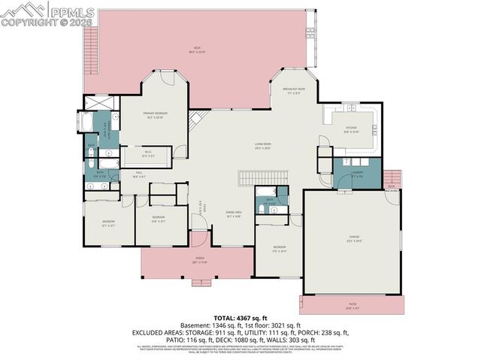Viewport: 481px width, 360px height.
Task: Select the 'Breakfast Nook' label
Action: tap(294, 89)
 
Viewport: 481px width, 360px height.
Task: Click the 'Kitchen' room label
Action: tap(351, 129)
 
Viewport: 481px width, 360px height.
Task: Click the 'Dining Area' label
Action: tap(234, 213)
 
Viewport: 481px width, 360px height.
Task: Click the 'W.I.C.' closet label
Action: tap(149, 156)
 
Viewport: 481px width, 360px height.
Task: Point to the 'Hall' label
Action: tap(139, 174)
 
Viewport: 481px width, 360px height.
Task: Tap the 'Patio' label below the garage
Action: tap(352, 306)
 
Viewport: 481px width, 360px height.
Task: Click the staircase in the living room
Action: tap(263, 178)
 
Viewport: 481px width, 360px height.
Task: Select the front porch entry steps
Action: tap(200, 283)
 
